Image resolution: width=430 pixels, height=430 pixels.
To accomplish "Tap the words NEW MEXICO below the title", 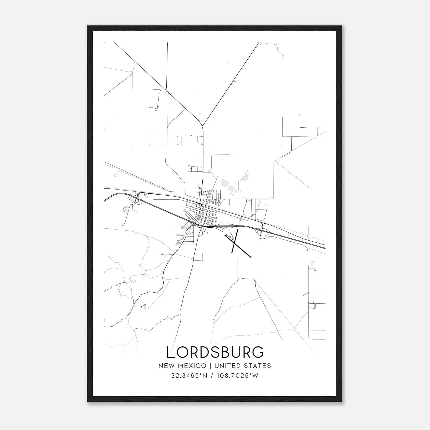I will coord(182,366).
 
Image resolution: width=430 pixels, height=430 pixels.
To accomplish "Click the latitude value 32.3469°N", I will coord(189,376).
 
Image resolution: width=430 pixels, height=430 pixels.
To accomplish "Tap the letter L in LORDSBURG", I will coord(170,352).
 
